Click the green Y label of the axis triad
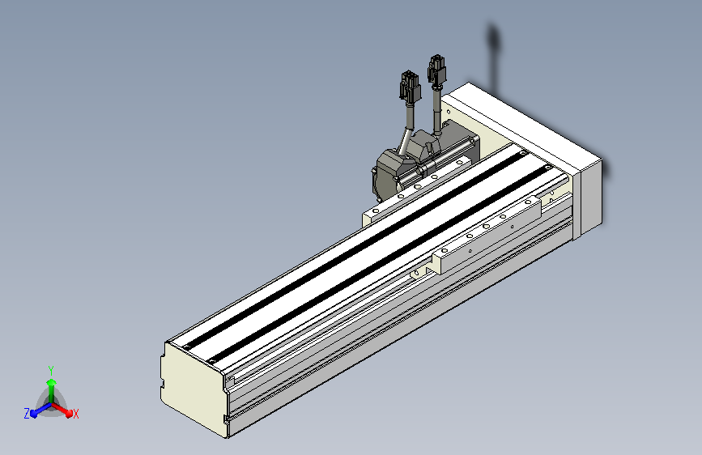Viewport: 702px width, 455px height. click(x=51, y=371)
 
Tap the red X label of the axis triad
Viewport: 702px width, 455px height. click(x=75, y=414)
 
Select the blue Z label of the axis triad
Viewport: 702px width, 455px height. click(x=27, y=414)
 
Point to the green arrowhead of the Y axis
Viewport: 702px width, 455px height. click(x=52, y=383)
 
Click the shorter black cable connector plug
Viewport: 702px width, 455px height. click(x=411, y=87)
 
